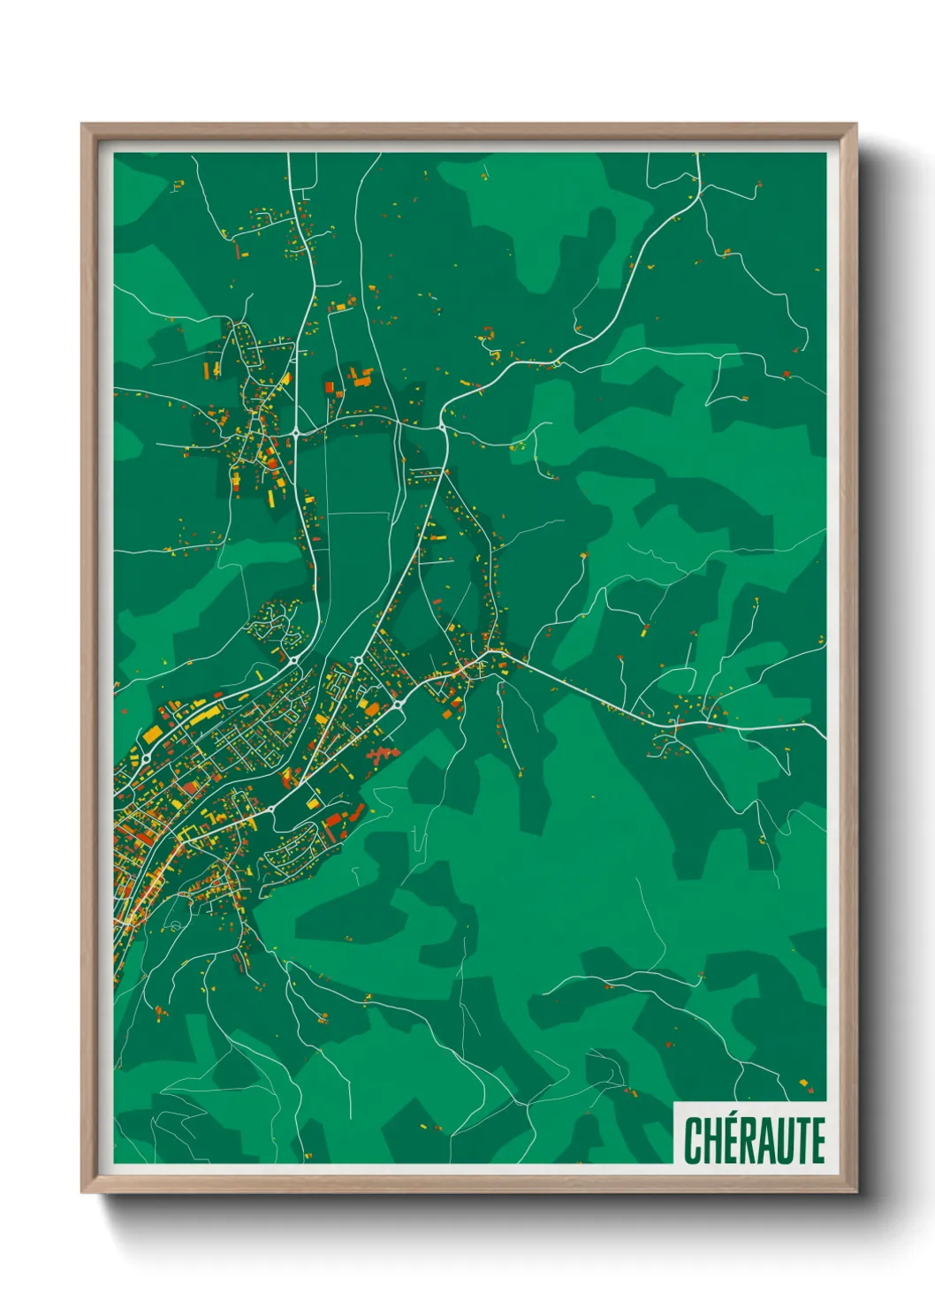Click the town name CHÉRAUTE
(754, 1140)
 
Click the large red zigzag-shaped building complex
(382, 757)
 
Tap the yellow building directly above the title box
(802, 1083)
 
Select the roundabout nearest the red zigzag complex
(398, 704)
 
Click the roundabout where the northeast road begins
(442, 428)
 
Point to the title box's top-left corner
(674, 1103)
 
